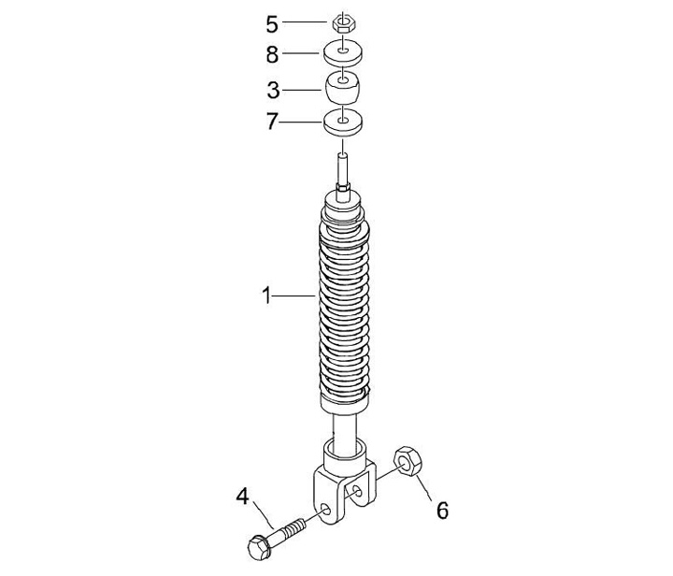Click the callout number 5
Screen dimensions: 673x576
pos(272,24)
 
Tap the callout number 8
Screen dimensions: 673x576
pos(272,55)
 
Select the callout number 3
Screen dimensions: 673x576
pos(273,90)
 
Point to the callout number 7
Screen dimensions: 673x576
pos(272,122)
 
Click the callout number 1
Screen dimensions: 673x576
pos(267,295)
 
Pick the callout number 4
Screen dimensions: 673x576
pos(242,497)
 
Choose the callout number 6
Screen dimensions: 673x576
pos(442,511)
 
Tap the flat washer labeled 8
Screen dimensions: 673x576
pos(342,52)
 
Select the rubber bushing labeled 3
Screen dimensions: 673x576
pos(342,88)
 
